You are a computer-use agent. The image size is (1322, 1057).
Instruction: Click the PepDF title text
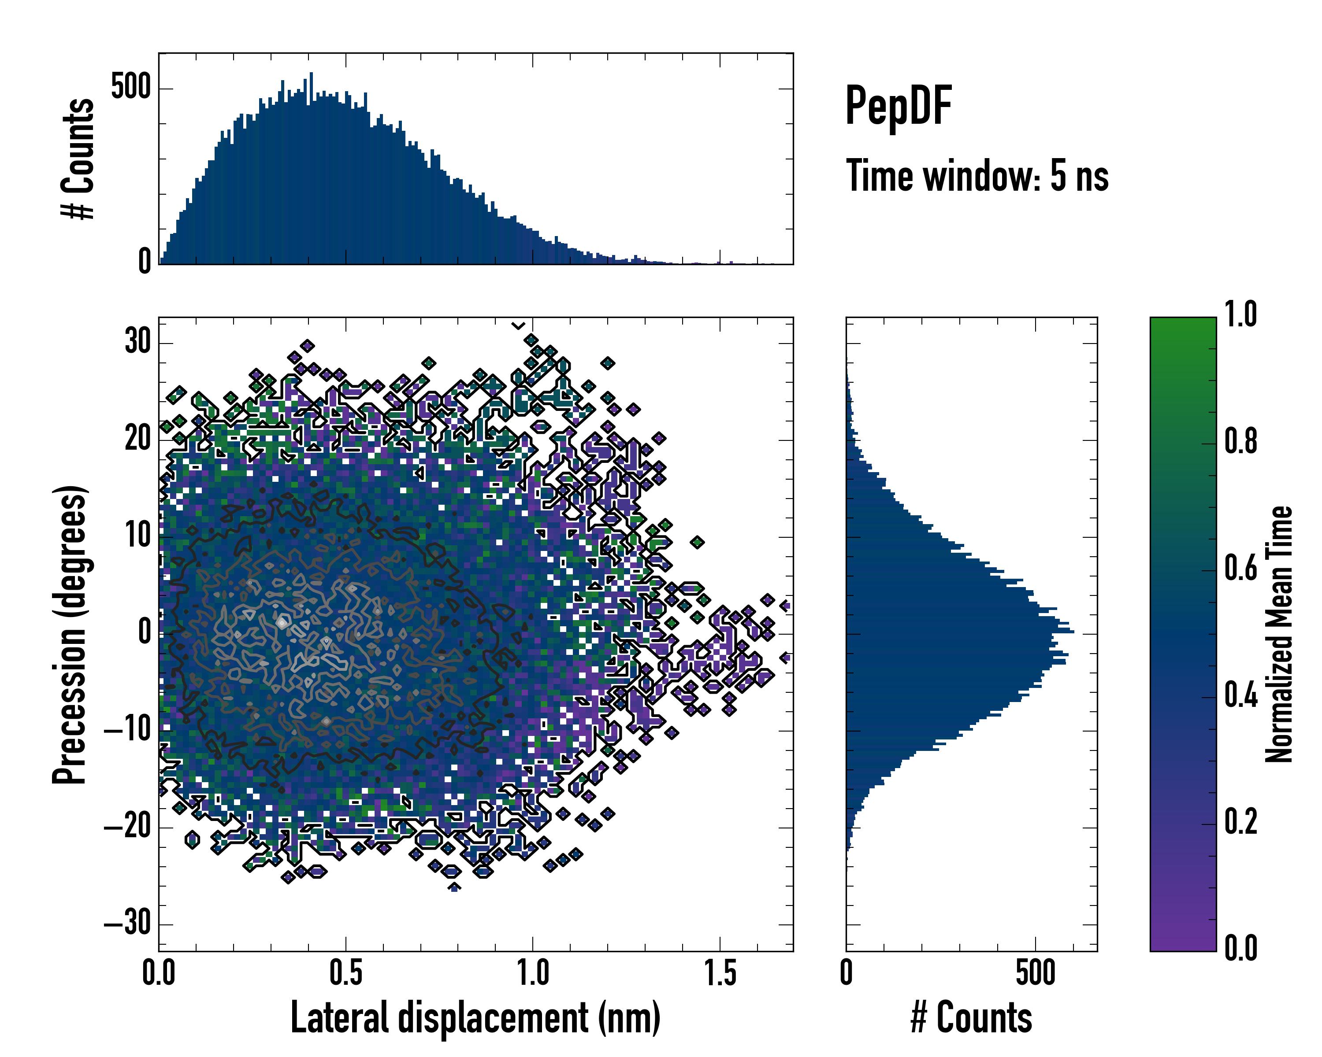pos(898,106)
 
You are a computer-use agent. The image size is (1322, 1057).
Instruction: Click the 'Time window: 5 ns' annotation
pos(977,176)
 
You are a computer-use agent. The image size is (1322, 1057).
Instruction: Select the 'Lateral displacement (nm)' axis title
pos(475,1018)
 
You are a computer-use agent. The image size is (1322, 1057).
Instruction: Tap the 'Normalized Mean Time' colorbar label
pos(1278,634)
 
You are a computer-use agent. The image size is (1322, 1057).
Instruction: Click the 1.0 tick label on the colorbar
pos(1240,314)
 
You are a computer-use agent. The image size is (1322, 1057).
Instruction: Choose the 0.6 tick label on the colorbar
pos(1240,568)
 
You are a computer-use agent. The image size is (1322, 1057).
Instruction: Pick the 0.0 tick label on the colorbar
pos(1240,948)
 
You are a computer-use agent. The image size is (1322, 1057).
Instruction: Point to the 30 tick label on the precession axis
pos(138,341)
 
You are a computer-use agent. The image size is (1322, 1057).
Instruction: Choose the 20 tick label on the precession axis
pos(138,439)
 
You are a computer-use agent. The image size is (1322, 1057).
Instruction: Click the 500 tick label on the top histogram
pos(130,87)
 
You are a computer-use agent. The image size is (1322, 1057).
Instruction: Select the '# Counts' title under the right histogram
pos(971,1018)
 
